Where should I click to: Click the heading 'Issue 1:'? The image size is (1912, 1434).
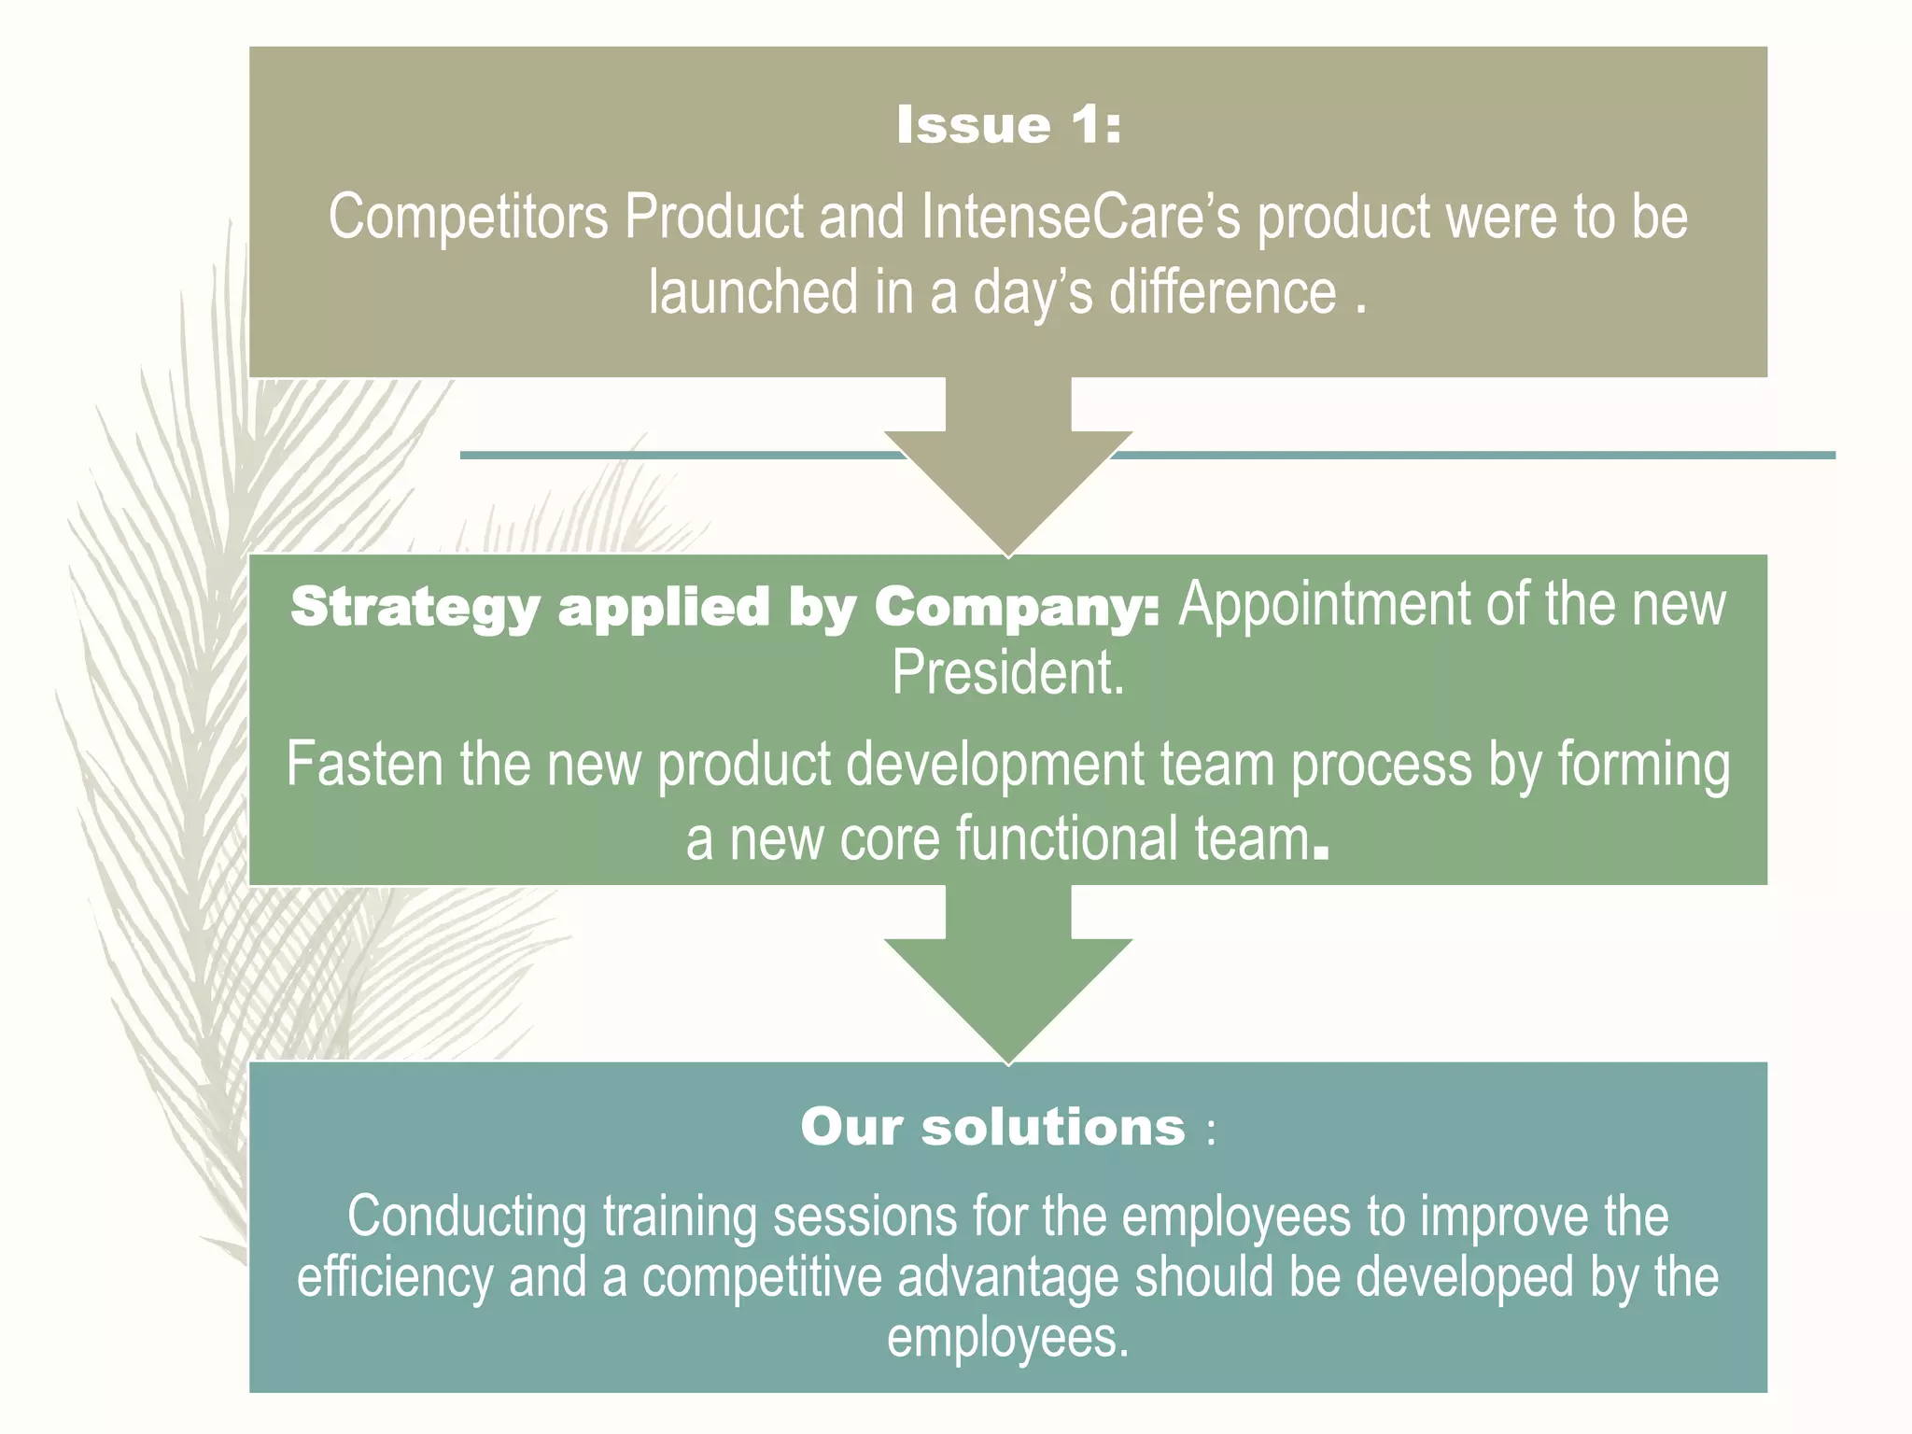1008,126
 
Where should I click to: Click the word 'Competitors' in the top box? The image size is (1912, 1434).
468,218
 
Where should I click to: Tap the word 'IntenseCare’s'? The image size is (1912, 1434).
1081,218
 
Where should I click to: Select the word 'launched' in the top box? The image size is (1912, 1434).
752,292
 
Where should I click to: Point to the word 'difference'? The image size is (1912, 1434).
1222,292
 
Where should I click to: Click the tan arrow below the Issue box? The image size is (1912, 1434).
1008,467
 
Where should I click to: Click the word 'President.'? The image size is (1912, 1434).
1008,673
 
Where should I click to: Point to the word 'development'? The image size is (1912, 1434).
995,765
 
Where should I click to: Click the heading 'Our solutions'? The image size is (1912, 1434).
993,1127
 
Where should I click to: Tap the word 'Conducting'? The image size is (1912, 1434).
467,1216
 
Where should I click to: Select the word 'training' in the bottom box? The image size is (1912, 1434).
680,1216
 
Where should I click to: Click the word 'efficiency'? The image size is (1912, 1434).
395,1277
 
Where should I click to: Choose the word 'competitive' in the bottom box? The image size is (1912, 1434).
762,1277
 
